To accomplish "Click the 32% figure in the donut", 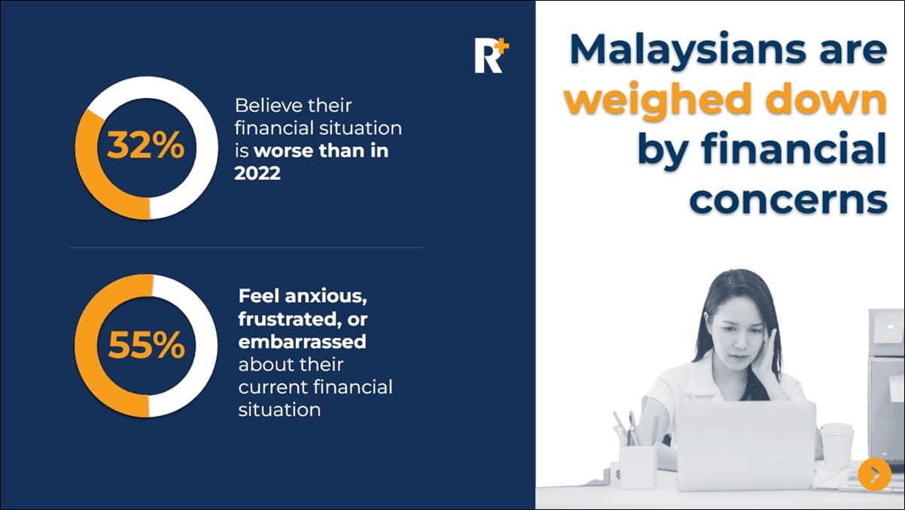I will pos(145,145).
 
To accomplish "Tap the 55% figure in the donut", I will pos(146,346).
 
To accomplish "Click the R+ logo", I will pos(491,56).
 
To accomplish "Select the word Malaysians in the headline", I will pos(673,50).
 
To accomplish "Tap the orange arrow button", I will pos(874,474).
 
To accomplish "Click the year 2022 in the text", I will pos(257,173).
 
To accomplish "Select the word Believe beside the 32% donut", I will pos(268,105).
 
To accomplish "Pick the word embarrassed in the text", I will pos(302,341).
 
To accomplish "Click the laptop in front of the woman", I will pos(745,444).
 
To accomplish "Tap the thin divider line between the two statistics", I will pos(245,247).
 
